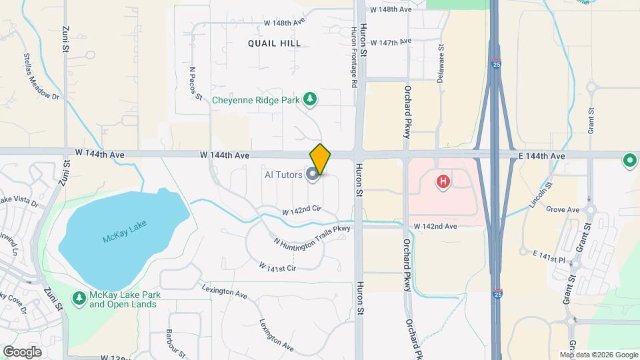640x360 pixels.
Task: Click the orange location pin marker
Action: pos(320,159)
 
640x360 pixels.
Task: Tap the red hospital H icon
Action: pos(441,180)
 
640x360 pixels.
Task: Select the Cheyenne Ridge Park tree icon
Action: pos(309,100)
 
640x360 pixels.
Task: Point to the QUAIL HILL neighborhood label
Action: pos(274,43)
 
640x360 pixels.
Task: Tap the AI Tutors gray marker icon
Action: pos(311,175)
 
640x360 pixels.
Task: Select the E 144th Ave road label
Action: pos(541,155)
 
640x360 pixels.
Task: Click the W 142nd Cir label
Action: pos(301,210)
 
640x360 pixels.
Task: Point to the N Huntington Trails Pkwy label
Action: pos(312,237)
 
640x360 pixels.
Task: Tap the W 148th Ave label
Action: pos(284,22)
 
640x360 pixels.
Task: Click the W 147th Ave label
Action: pos(391,42)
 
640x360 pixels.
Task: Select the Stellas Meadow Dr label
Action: pos(42,77)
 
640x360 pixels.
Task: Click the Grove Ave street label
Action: pos(563,209)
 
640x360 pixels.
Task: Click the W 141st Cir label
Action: pos(277,266)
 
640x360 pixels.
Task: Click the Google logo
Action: pos(22,351)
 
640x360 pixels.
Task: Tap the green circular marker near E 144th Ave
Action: pos(629,160)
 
